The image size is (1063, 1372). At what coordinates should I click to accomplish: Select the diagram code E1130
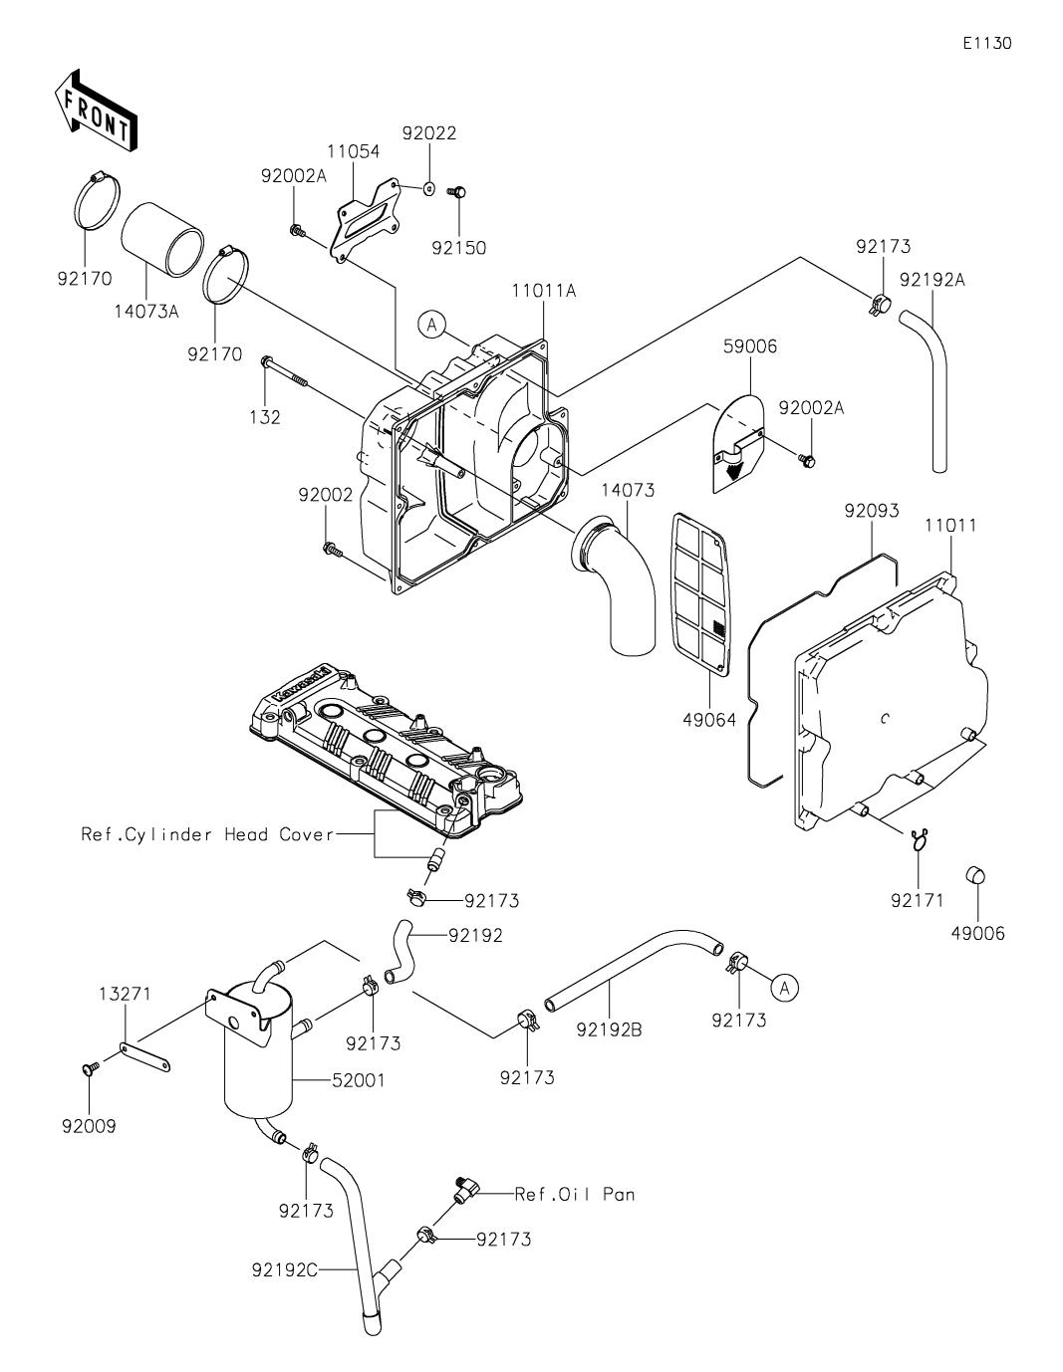coord(987,43)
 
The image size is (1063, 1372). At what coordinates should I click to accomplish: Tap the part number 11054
coord(353,151)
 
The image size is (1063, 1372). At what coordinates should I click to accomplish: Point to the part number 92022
coord(429,133)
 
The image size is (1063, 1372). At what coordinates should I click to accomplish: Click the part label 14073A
coord(146,312)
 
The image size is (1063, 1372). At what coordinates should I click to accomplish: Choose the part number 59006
coord(750,346)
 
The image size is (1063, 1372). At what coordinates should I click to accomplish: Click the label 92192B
coord(609,1029)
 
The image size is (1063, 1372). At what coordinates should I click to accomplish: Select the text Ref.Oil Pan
coord(575,1194)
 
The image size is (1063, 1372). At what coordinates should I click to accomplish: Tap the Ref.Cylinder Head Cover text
coord(208,834)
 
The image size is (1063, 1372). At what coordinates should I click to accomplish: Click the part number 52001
coord(358,1080)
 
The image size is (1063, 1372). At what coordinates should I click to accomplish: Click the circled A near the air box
coord(432,325)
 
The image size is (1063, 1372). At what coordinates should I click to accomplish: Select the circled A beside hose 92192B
coord(784,988)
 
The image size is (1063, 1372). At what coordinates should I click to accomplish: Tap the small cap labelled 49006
coord(976,877)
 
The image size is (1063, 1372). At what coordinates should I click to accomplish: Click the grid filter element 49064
coord(701,602)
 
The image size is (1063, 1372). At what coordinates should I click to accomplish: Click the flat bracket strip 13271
coord(144,1057)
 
